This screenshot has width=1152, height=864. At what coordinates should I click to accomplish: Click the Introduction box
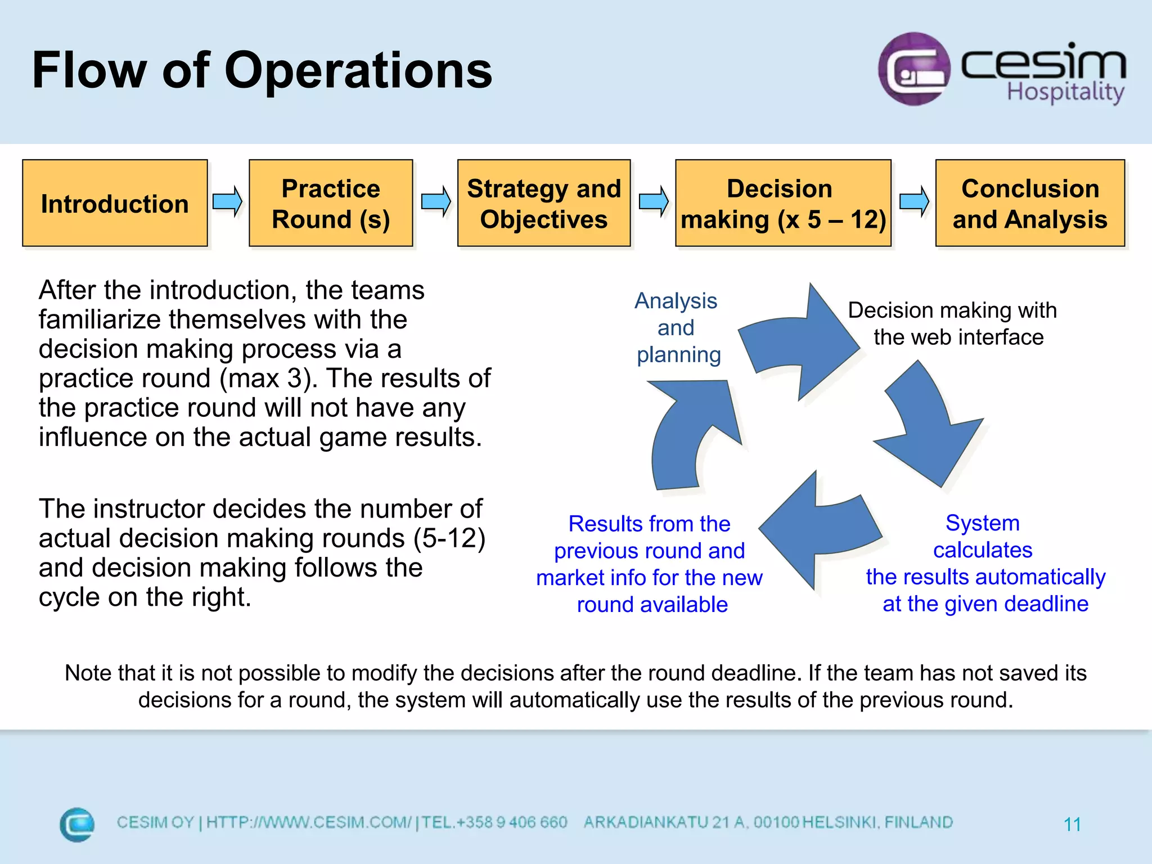(x=115, y=203)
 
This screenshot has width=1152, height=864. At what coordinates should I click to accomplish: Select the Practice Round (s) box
(x=331, y=203)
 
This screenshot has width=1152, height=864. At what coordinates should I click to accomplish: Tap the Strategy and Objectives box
(x=543, y=203)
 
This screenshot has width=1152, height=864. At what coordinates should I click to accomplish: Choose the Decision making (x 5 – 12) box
(x=783, y=203)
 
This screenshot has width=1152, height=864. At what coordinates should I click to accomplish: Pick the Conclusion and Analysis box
(x=1029, y=203)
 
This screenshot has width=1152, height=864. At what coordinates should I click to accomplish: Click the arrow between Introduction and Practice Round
(x=227, y=201)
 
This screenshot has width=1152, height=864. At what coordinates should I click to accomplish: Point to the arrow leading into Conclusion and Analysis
(x=913, y=201)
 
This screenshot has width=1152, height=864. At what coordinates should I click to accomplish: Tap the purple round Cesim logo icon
(x=913, y=69)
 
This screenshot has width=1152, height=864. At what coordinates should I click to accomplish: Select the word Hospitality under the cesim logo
(x=1065, y=92)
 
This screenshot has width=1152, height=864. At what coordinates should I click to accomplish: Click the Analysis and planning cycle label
(x=677, y=328)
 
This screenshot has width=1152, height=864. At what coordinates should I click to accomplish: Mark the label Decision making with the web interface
(x=953, y=323)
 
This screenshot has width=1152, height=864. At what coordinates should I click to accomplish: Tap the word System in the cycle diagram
(x=982, y=523)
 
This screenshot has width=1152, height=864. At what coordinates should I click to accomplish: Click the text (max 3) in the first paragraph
(x=264, y=379)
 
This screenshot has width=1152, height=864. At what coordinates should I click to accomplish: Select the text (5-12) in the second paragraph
(x=449, y=538)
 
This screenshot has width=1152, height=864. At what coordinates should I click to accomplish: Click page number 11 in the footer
(x=1072, y=825)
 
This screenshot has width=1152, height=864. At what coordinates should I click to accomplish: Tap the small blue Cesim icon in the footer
(x=77, y=825)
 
